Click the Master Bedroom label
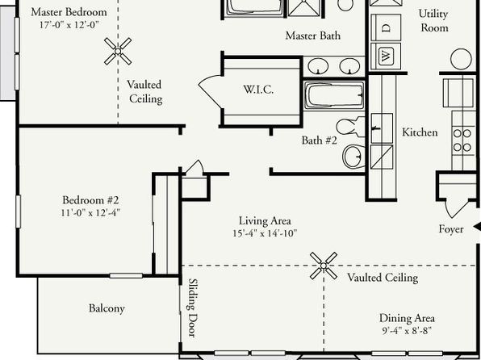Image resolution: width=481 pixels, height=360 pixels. tap(69, 12)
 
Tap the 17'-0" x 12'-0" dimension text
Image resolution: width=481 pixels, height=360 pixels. tap(69, 25)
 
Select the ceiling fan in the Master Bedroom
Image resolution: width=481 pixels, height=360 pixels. tap(118, 51)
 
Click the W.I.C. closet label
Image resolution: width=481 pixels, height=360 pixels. tap(258, 90)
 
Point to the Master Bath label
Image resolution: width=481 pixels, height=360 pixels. tap(313, 36)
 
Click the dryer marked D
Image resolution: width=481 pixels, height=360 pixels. tap(386, 27)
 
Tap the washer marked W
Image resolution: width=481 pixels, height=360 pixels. tap(386, 57)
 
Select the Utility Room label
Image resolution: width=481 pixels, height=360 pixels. tap(433, 21)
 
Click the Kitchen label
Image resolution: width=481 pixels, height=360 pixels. tap(420, 132)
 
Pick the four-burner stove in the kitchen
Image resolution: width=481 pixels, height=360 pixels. tap(463, 140)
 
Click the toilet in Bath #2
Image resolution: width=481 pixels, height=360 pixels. tap(350, 127)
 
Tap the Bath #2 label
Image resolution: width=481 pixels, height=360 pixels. tap(320, 140)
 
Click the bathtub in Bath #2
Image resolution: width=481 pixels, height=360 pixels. tap(334, 95)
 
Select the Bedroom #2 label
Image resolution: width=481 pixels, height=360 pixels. tap(90, 200)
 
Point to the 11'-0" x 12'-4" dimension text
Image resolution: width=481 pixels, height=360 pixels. tap(90, 212)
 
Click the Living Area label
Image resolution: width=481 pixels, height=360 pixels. tap(265, 220)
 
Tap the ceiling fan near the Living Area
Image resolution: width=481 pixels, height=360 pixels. tap(324, 266)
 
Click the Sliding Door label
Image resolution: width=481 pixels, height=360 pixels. tap(192, 308)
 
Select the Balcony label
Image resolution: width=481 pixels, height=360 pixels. tap(107, 308)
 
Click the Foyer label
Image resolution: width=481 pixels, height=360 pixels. tap(451, 229)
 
